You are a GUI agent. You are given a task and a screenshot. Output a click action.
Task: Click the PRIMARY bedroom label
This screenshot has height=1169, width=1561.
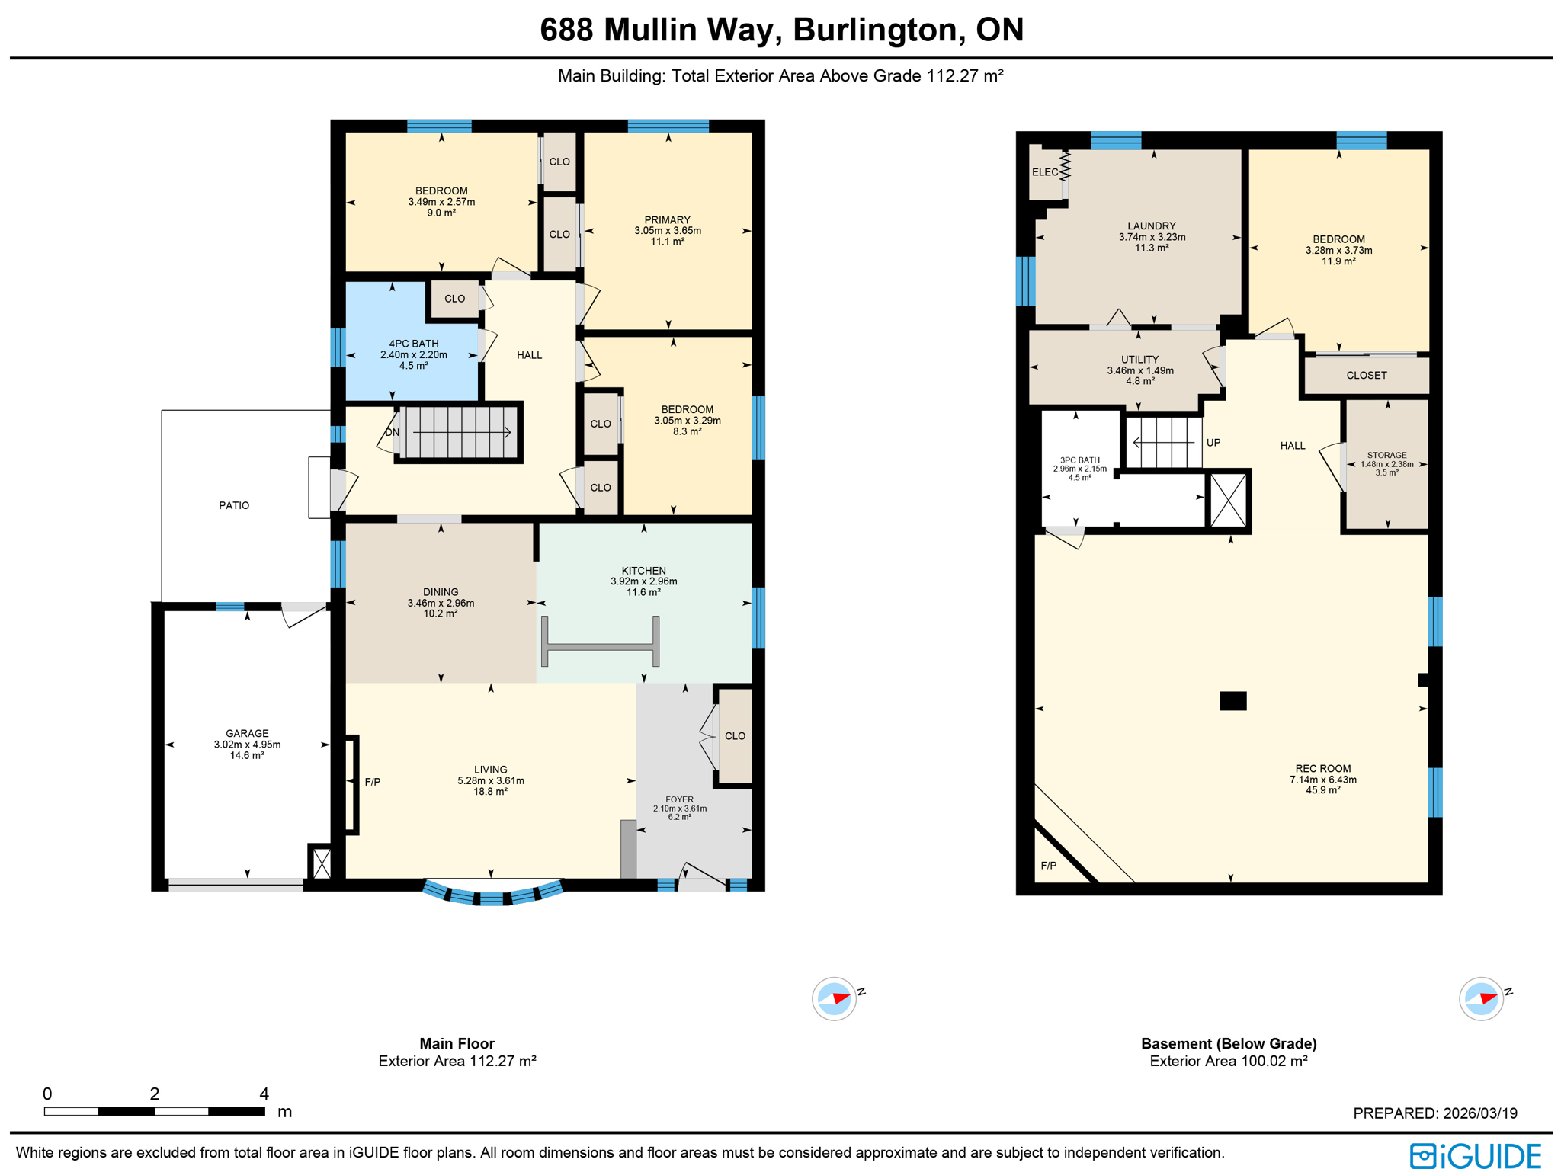[x=667, y=220]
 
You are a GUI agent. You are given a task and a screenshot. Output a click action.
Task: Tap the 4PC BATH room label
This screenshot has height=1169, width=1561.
[x=413, y=344]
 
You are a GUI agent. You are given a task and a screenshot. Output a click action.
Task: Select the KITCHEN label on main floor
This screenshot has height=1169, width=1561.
[x=643, y=571]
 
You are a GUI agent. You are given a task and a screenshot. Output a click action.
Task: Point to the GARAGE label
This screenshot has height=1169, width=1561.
[x=247, y=734]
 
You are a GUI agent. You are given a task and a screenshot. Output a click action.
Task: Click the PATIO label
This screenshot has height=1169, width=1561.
[x=234, y=505]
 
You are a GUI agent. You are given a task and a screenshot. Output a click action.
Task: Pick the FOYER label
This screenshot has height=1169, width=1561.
[x=679, y=800]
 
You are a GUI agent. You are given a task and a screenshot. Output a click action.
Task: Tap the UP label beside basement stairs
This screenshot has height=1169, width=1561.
[x=1213, y=443]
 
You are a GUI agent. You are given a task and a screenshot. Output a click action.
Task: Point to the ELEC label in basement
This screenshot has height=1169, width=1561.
[x=1044, y=172]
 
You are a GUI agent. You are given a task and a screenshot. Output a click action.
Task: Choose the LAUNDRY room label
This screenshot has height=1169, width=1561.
[x=1151, y=226]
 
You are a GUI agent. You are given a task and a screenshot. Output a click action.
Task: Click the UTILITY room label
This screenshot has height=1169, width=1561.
[x=1139, y=360]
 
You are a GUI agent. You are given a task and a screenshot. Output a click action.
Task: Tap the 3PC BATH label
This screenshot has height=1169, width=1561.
[x=1079, y=460]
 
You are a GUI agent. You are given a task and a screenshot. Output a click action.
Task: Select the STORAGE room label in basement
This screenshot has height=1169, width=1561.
[x=1386, y=455]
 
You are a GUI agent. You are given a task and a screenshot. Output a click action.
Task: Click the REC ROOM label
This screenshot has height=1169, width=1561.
[x=1322, y=769]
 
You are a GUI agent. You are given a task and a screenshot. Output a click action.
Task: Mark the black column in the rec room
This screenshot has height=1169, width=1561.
[x=1232, y=700]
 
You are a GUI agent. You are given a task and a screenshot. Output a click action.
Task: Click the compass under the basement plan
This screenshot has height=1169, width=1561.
[x=1481, y=998]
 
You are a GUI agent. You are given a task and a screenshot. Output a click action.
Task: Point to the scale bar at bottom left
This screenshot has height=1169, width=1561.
[x=155, y=1111]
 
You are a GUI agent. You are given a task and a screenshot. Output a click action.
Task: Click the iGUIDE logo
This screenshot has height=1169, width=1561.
[x=1475, y=1155]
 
